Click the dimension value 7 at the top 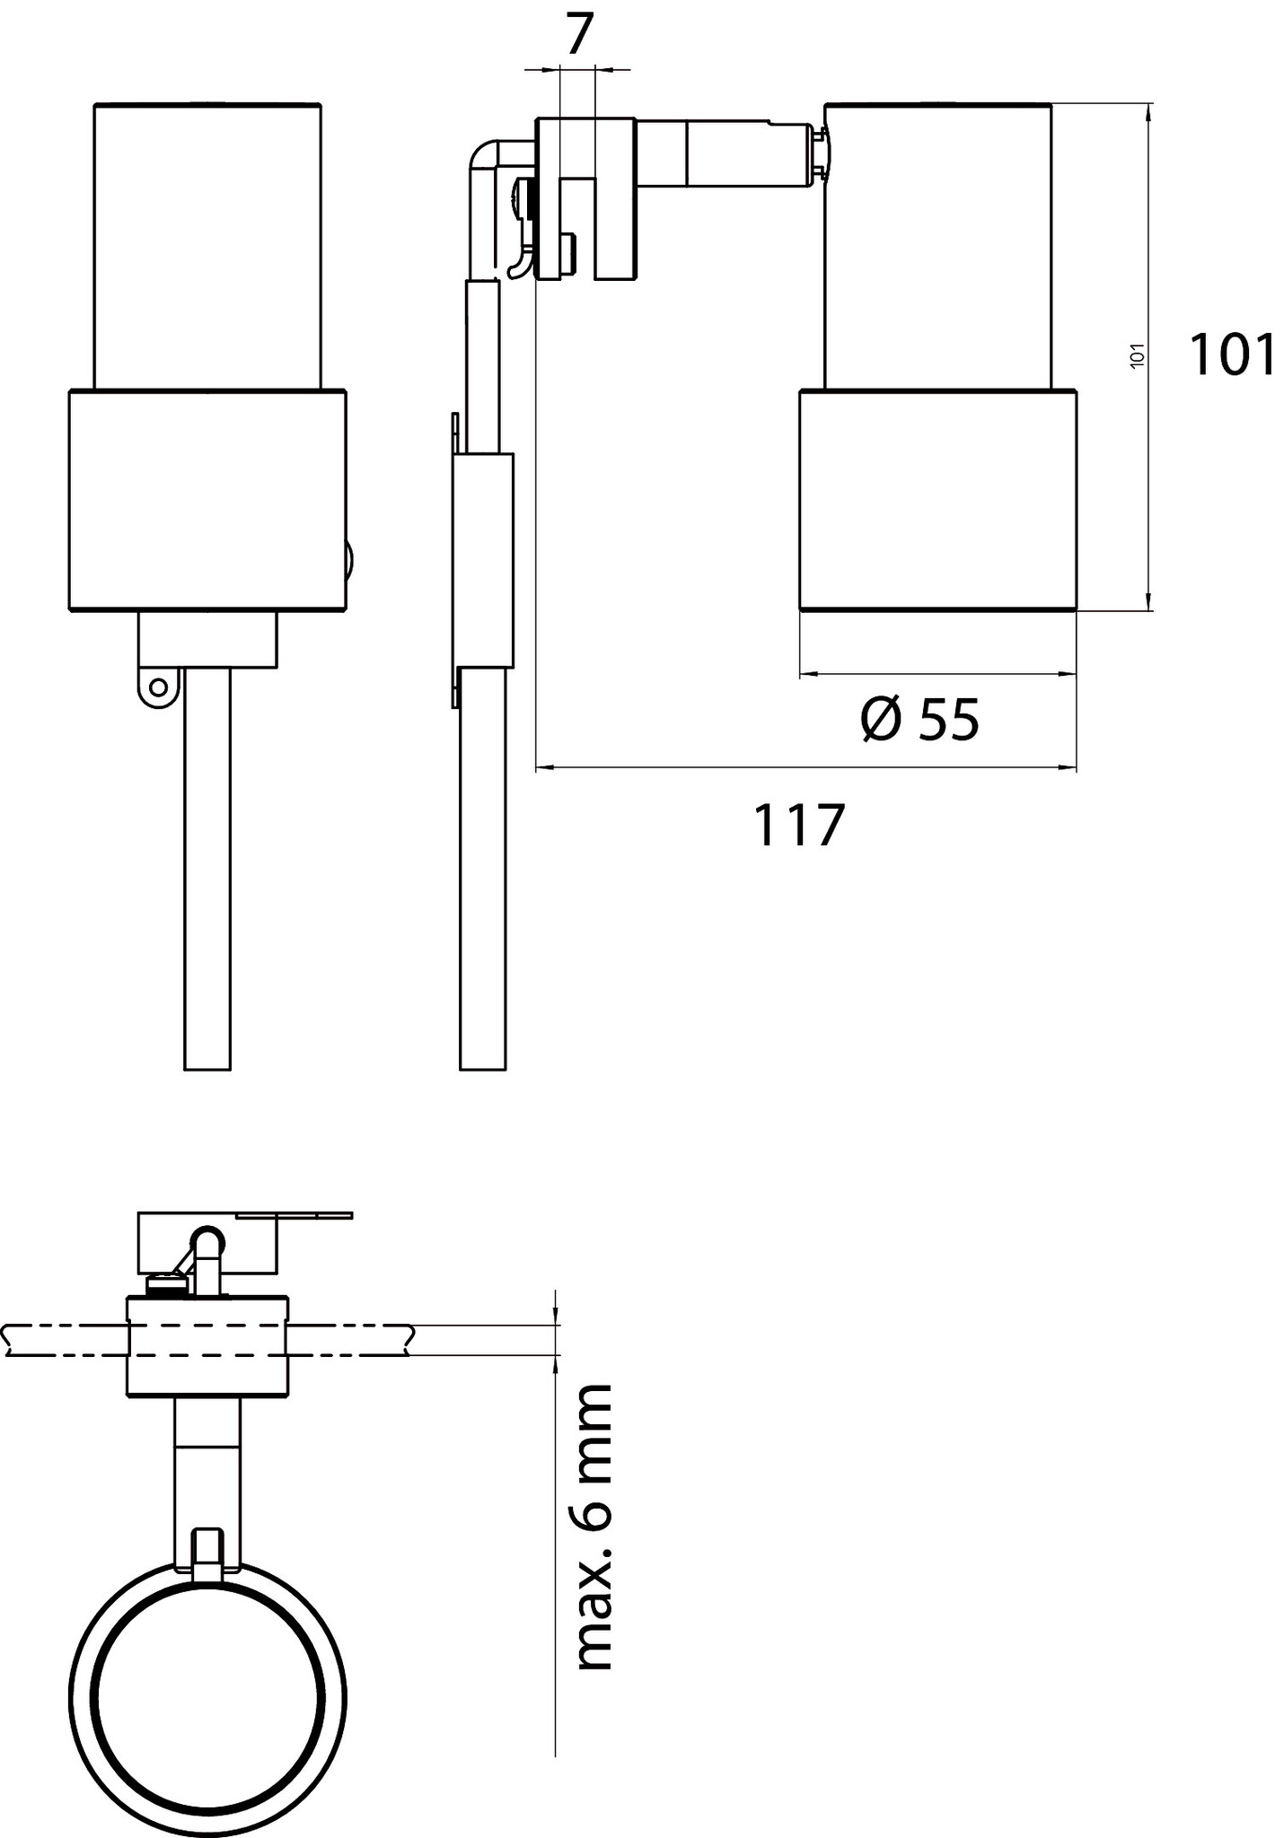580,35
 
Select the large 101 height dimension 1231,354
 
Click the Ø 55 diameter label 919,720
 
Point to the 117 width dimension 799,826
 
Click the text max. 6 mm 592,1527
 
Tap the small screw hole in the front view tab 158,688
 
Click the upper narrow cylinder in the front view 207,246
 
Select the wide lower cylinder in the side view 937,500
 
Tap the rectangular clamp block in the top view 207,1346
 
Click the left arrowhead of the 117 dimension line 543,767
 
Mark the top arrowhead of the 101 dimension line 1148,111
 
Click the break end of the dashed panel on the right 410,1340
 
